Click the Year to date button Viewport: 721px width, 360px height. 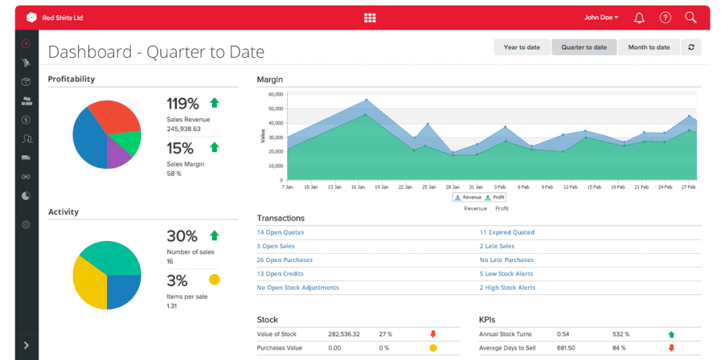[x=522, y=47]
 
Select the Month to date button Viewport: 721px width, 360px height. [x=648, y=47]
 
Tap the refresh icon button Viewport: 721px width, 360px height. [x=691, y=47]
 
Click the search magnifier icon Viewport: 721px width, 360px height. [x=690, y=18]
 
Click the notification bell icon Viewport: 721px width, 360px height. [x=639, y=18]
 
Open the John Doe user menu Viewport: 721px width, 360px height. [x=601, y=18]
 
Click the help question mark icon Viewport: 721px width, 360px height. [x=665, y=18]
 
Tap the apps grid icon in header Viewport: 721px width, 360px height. [x=370, y=18]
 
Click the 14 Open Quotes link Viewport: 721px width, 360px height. [x=280, y=232]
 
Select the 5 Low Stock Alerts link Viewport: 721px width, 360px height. [x=506, y=274]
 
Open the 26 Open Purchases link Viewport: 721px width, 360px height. [x=284, y=260]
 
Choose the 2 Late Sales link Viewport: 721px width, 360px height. [x=497, y=247]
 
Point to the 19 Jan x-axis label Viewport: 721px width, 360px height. [x=381, y=188]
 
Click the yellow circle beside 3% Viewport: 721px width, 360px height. [x=215, y=280]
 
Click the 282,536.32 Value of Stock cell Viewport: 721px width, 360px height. [x=344, y=335]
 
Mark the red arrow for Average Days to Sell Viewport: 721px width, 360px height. [x=671, y=348]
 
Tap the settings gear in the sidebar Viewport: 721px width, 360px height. [x=26, y=225]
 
